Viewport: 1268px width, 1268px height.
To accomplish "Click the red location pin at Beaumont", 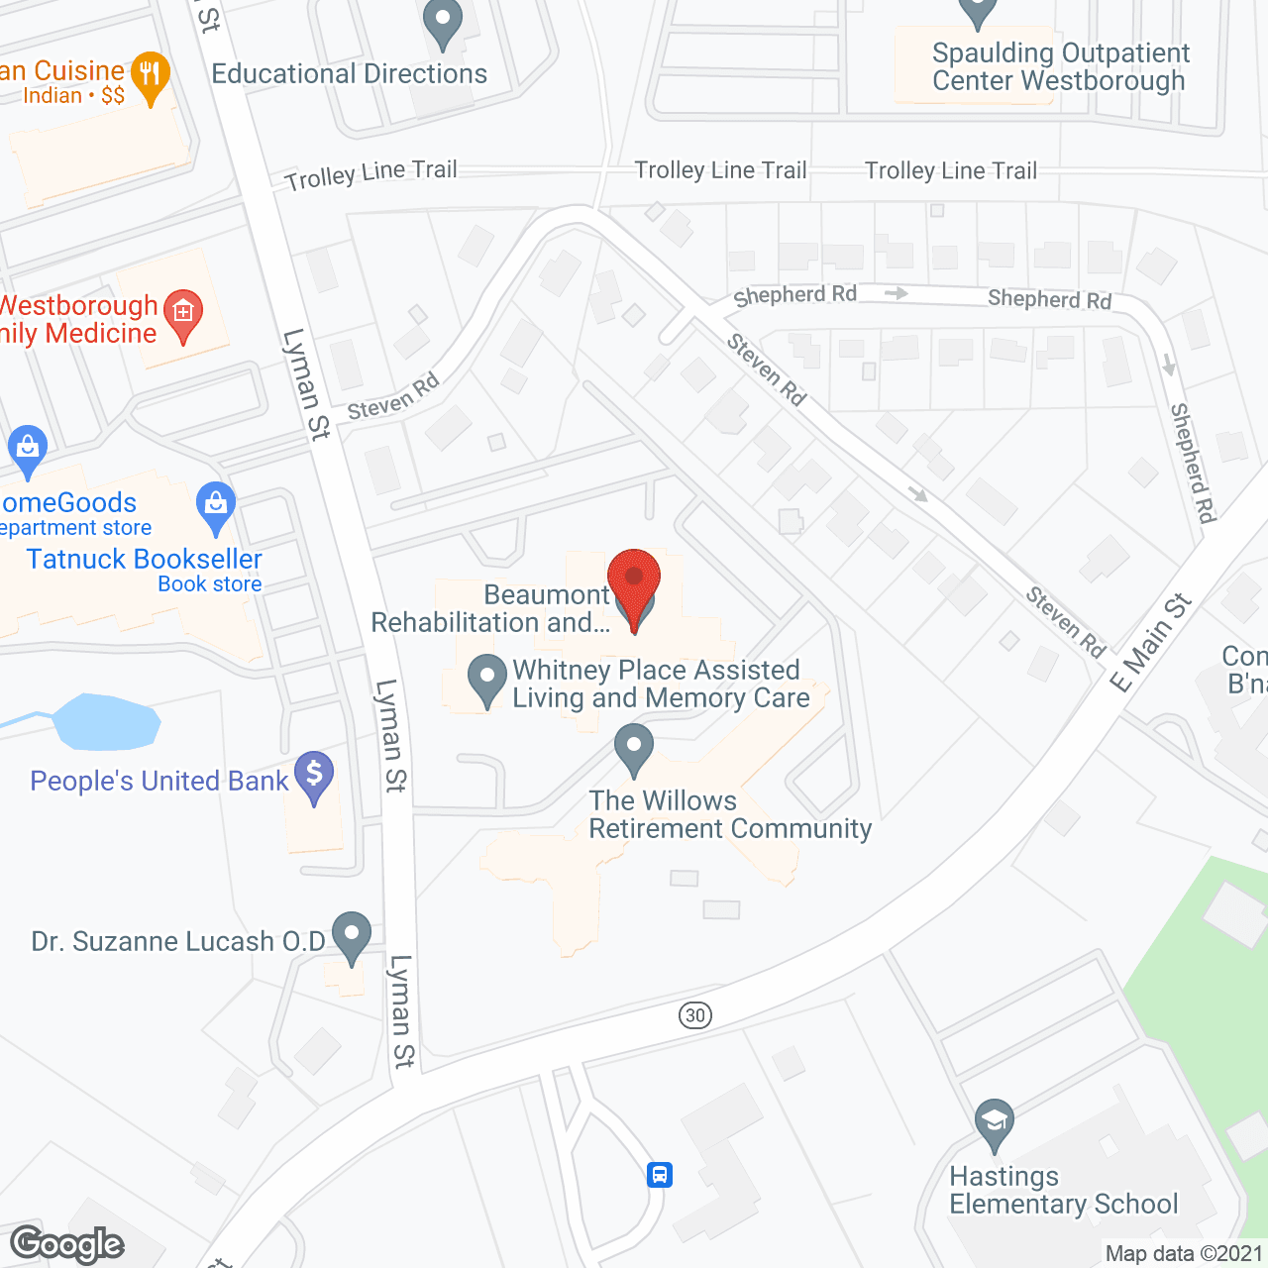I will [x=634, y=581].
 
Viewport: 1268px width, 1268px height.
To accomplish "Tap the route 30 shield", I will [x=695, y=1014].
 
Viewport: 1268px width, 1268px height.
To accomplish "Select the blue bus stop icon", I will [x=660, y=1175].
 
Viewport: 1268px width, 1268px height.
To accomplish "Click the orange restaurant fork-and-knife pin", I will [x=151, y=75].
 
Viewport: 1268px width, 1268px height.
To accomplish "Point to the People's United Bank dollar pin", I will [x=314, y=775].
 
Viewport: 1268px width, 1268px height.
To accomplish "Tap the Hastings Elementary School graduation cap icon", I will [x=994, y=1122].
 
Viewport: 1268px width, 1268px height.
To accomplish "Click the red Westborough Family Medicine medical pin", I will [x=183, y=314].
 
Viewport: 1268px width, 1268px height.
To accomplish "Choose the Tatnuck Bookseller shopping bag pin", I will [x=216, y=504].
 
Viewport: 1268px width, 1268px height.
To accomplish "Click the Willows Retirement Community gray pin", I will [x=634, y=747].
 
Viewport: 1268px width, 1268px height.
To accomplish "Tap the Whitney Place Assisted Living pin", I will [x=486, y=679].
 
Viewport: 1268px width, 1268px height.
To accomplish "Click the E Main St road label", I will [x=1150, y=644].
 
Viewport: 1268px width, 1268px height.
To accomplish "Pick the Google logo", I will [x=67, y=1244].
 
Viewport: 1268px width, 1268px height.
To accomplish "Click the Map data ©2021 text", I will [x=1184, y=1254].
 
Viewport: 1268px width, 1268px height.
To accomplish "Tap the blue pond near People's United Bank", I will [x=104, y=721].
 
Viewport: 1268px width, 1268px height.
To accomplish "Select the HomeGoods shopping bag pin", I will [x=28, y=448].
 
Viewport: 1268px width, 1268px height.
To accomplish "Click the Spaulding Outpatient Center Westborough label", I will [x=1059, y=67].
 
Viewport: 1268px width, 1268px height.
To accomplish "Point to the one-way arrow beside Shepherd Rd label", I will [x=896, y=293].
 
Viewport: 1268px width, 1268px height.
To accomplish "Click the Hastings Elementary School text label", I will [x=1063, y=1190].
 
